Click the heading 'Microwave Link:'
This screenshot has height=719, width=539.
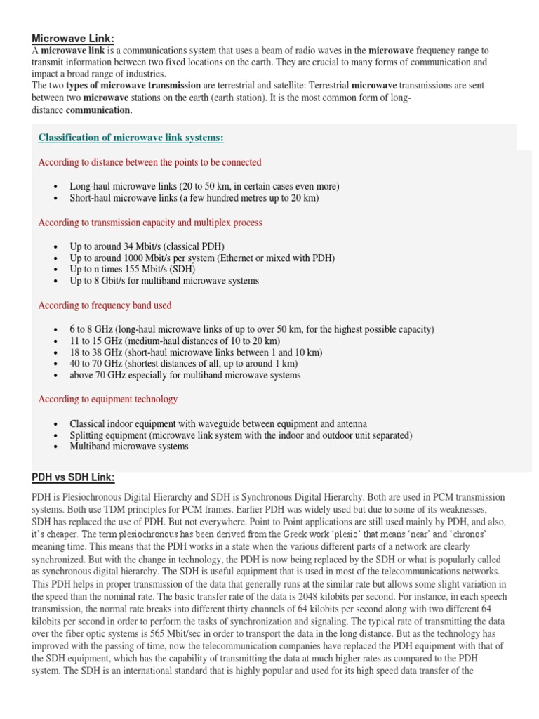(73, 38)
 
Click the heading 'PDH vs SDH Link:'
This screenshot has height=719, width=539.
(73, 477)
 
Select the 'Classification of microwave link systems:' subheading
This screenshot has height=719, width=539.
(131, 138)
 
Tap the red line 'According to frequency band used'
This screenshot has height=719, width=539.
(105, 305)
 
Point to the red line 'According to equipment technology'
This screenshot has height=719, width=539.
(107, 399)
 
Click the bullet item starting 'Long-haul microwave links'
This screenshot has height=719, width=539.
(204, 187)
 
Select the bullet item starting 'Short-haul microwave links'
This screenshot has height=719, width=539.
(194, 198)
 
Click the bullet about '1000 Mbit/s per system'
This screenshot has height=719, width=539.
(202, 258)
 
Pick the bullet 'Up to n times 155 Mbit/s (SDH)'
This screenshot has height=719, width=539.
(132, 269)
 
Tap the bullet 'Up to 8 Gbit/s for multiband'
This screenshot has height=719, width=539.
(164, 280)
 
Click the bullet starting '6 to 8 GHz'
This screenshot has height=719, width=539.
(252, 329)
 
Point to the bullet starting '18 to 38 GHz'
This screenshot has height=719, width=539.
(196, 352)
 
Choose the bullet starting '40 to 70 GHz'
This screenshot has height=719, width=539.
(183, 364)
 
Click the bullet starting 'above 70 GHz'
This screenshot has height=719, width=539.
(185, 375)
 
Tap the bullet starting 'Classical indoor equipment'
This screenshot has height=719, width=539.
(218, 424)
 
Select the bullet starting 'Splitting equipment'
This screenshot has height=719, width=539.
(241, 435)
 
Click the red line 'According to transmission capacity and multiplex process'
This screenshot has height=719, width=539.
(150, 223)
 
